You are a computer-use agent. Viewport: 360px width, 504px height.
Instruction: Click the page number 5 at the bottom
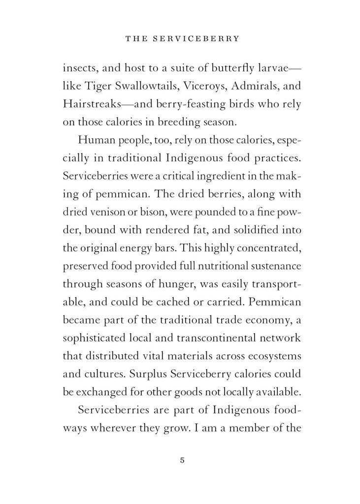182,461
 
